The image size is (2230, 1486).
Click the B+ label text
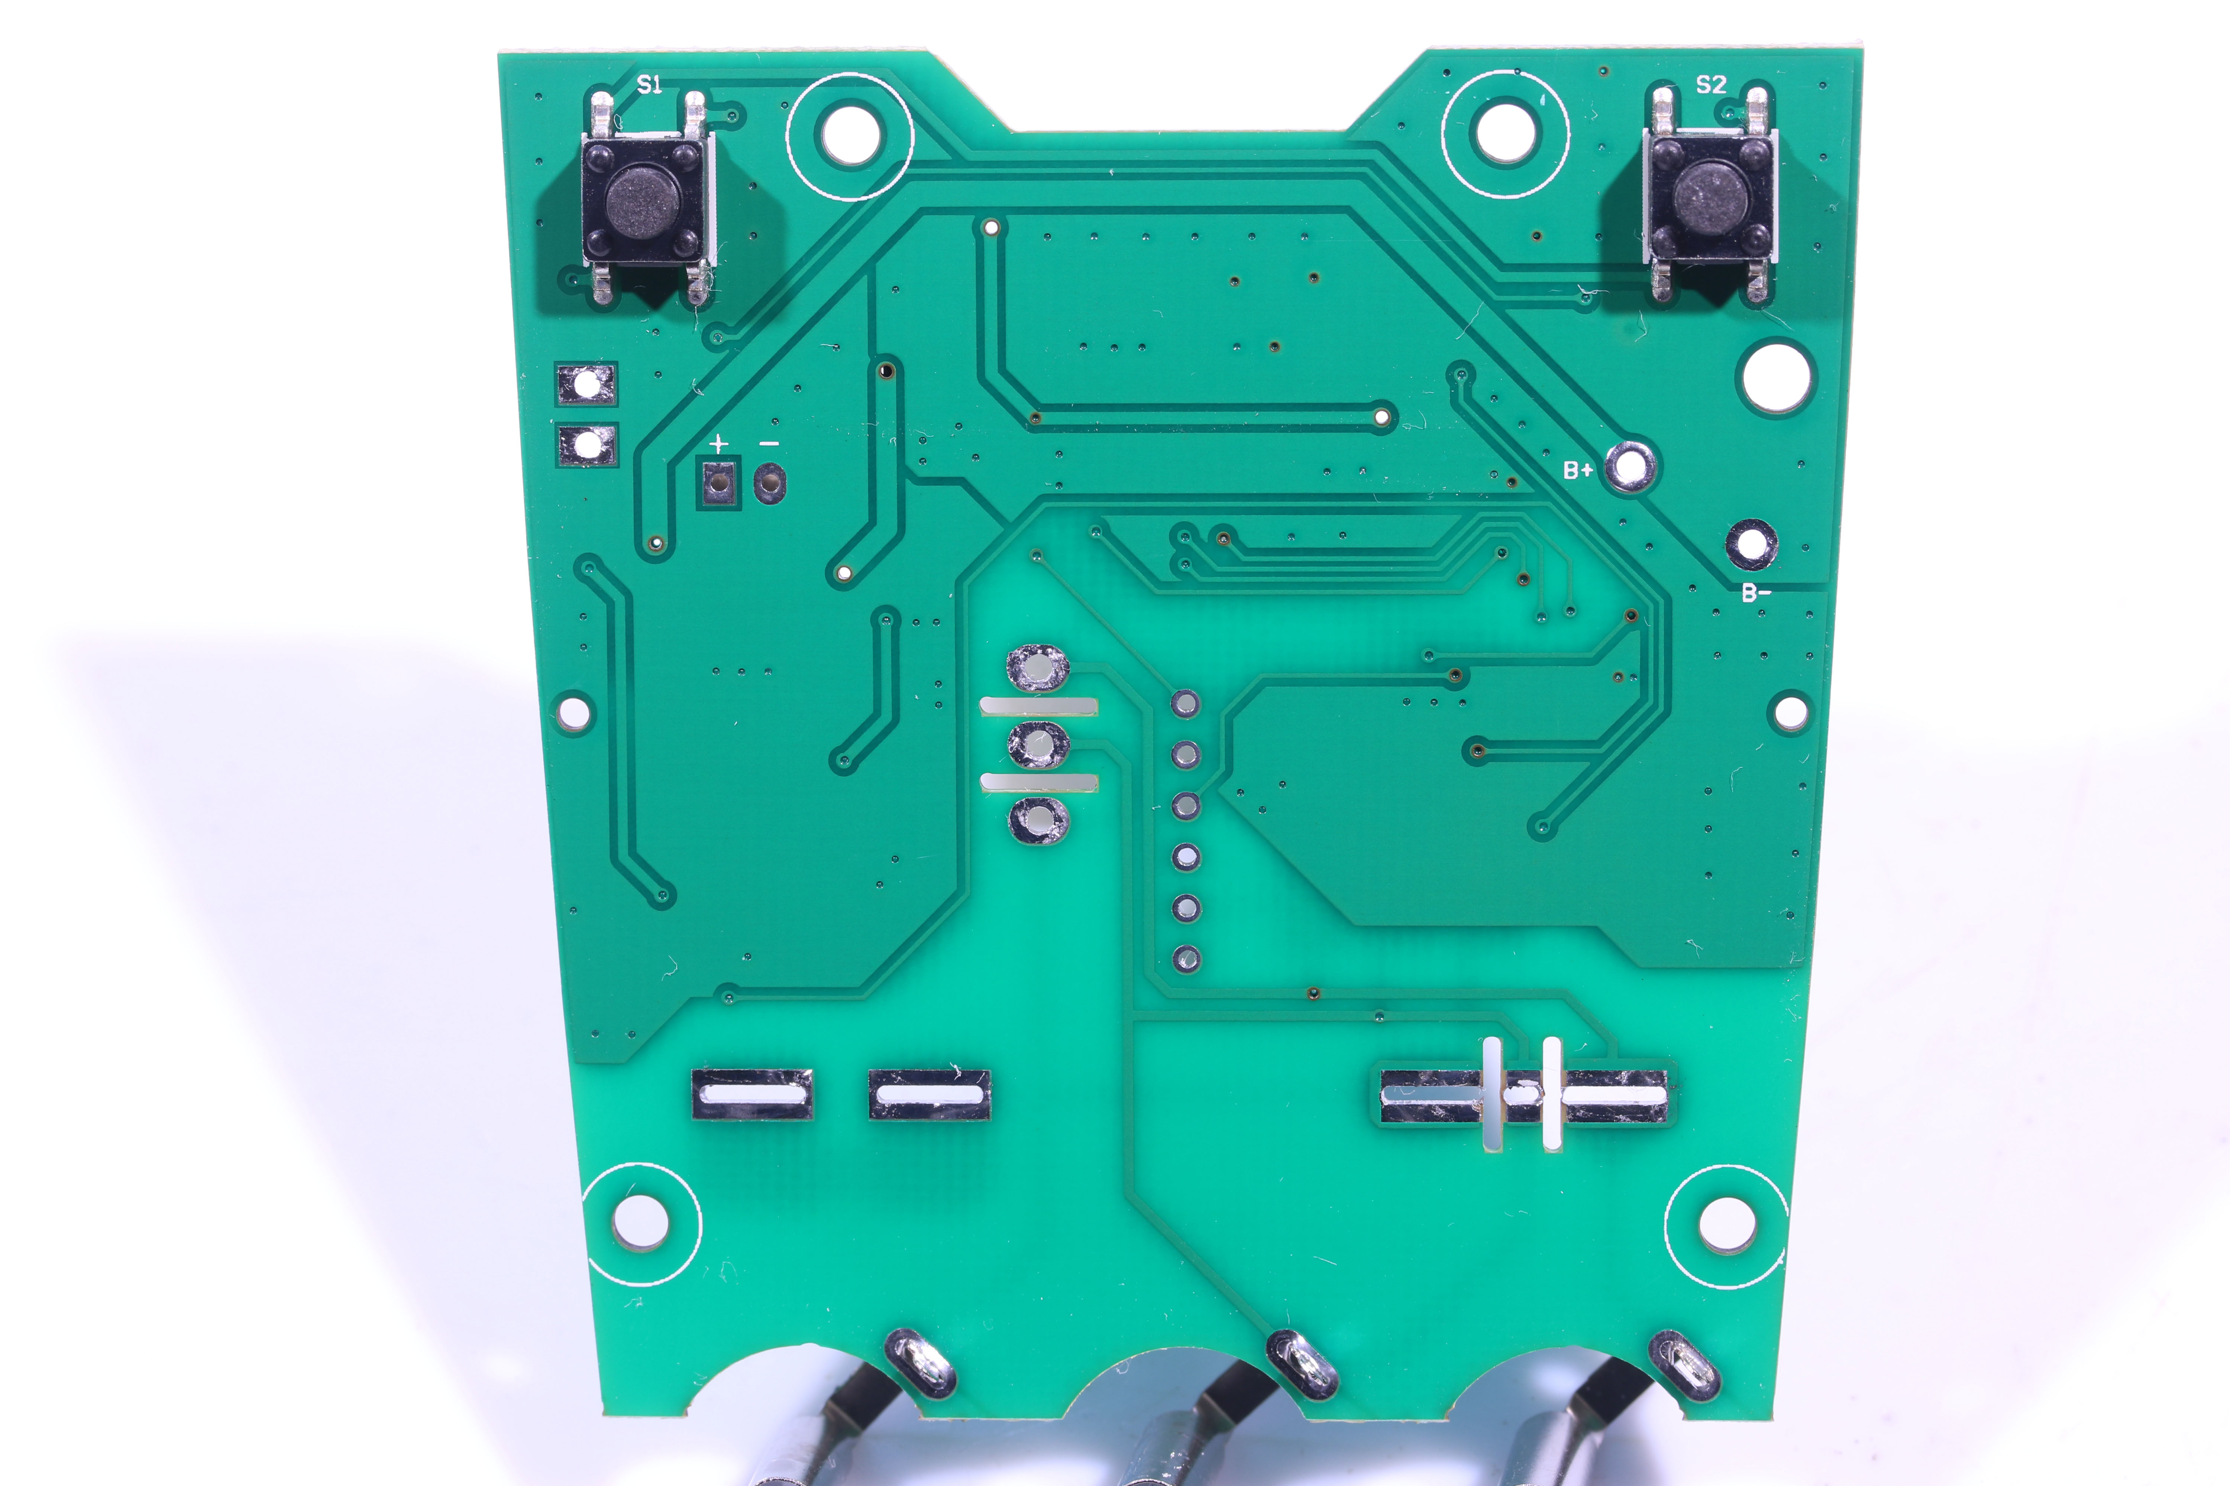(1578, 470)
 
